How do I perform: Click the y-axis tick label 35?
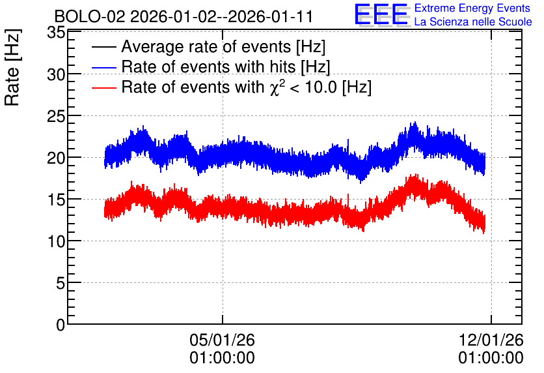click(x=56, y=33)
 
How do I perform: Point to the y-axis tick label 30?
click(x=56, y=74)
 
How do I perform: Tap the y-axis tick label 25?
click(x=56, y=116)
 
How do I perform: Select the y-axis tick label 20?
click(x=56, y=158)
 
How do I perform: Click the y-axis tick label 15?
click(x=56, y=200)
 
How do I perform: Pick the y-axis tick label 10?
click(x=56, y=241)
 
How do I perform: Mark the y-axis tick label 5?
click(x=61, y=283)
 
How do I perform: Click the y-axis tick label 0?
click(x=61, y=325)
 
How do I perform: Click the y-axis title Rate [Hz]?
click(x=12, y=67)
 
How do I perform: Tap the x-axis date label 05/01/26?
click(x=222, y=340)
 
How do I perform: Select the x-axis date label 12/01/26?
click(x=491, y=340)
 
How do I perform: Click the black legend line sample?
click(x=103, y=47)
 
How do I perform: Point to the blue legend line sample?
click(x=103, y=67)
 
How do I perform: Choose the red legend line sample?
click(x=103, y=87)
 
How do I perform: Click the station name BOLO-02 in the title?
click(x=90, y=17)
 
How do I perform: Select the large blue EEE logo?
click(x=381, y=14)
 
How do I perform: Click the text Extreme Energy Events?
click(x=472, y=8)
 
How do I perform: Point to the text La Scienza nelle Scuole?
click(x=473, y=22)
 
